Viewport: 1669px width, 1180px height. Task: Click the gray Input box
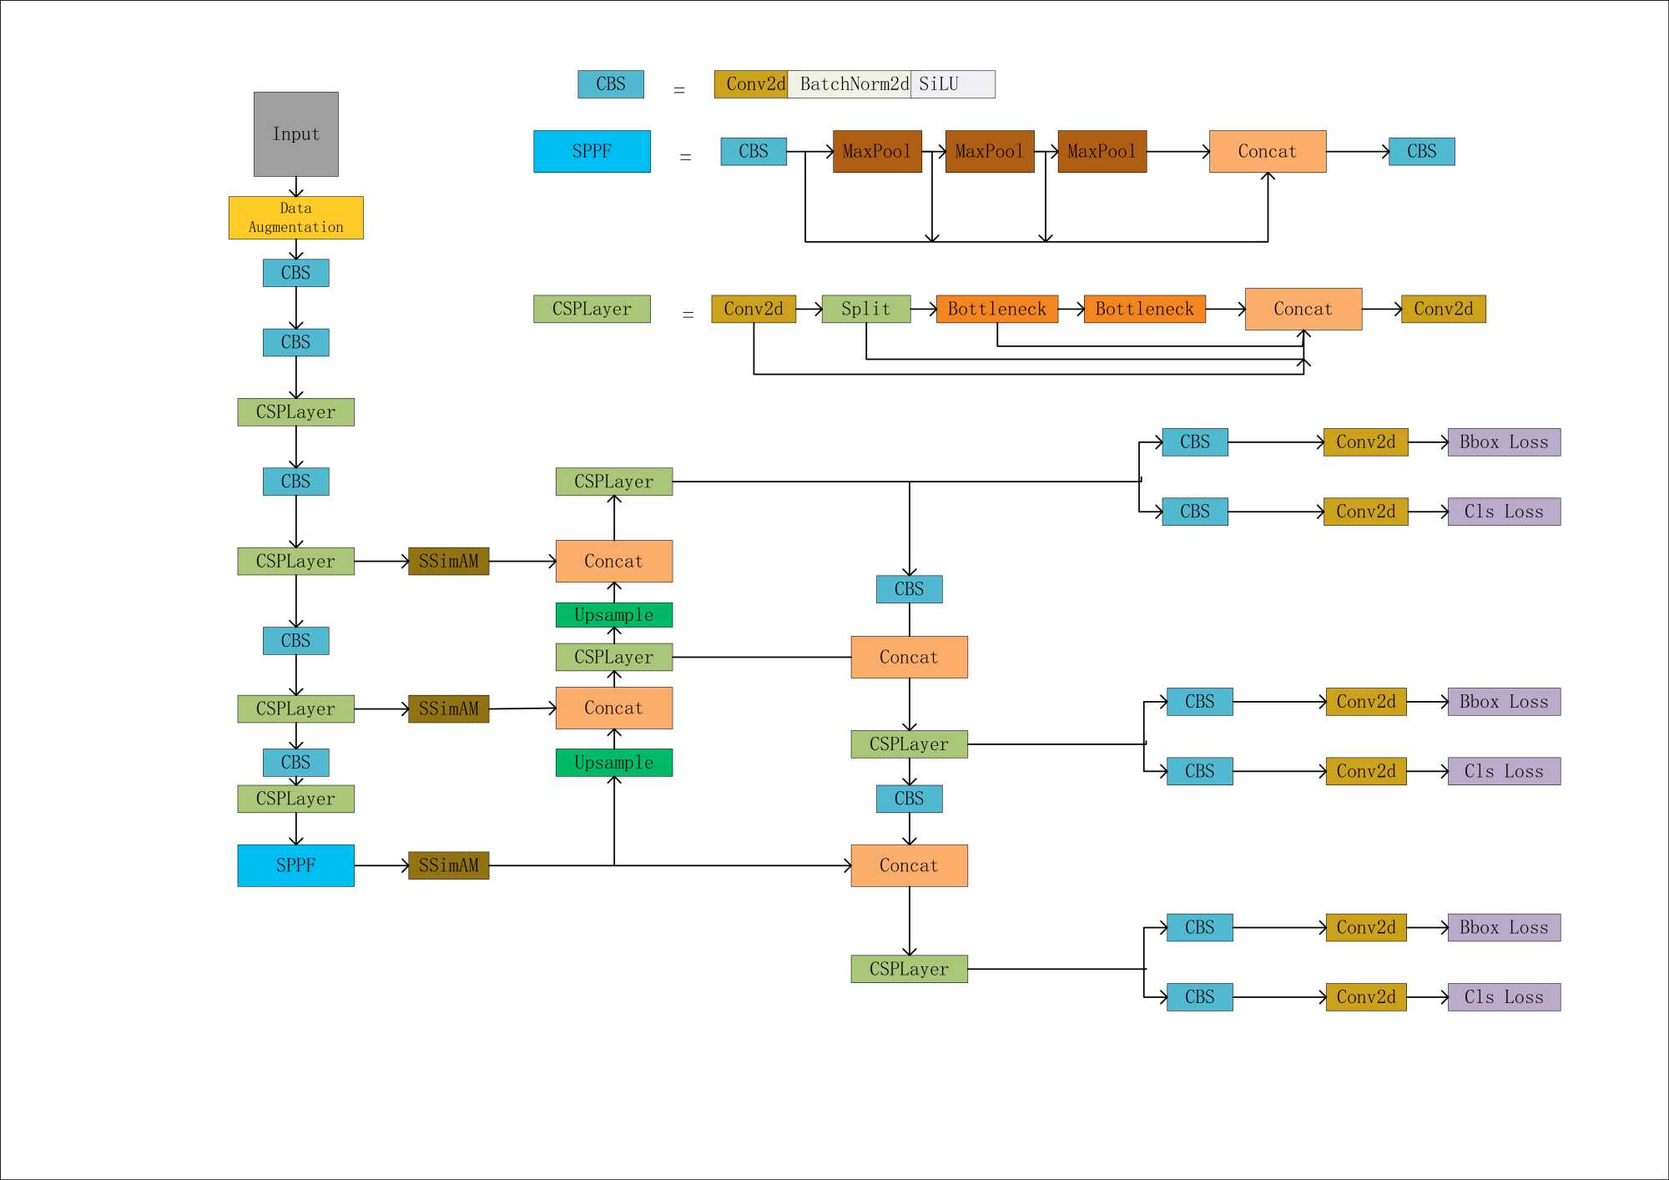point(296,134)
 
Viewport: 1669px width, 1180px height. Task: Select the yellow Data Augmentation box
point(296,218)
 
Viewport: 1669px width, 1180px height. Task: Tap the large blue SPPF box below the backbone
point(295,865)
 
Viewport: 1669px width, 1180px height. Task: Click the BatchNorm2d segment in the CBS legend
point(850,84)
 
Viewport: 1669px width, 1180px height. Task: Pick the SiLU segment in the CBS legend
point(952,84)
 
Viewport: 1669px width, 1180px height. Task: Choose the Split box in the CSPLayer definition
point(865,310)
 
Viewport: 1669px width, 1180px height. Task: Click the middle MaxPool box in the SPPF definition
point(989,151)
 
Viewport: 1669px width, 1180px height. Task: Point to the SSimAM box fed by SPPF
point(448,865)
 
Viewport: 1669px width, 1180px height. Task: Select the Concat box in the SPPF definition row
point(1267,151)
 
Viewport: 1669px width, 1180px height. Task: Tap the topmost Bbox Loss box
point(1504,442)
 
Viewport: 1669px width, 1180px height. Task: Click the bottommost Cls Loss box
point(1504,997)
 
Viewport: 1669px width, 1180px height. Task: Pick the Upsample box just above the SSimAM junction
point(614,763)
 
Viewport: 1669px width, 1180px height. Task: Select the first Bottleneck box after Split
point(996,310)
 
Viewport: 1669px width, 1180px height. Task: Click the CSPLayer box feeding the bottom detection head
point(909,969)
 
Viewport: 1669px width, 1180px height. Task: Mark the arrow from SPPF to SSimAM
point(381,865)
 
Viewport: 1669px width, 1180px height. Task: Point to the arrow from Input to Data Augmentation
point(296,187)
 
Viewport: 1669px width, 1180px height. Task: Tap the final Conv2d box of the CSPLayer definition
point(1443,310)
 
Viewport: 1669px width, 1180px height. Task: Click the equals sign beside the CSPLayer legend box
point(688,315)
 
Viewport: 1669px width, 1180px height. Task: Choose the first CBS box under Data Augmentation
point(296,273)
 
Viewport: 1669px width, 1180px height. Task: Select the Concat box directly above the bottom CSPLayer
point(909,865)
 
